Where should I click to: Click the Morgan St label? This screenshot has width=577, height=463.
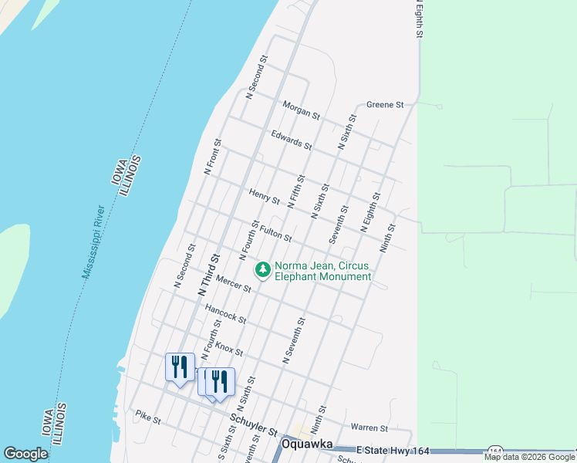[301, 110]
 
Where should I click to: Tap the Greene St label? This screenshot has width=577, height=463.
[385, 104]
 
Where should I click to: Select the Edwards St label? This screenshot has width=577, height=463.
[291, 140]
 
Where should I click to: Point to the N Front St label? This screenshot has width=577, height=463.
[213, 156]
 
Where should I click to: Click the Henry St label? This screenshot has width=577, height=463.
[265, 196]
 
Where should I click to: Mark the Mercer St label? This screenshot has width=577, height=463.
[234, 283]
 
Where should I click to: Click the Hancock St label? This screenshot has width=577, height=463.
[225, 313]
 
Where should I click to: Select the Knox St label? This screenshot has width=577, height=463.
[229, 348]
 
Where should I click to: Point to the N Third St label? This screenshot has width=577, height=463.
[209, 275]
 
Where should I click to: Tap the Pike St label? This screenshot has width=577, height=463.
[147, 421]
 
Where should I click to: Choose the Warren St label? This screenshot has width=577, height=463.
[369, 427]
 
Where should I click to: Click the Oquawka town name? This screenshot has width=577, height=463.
[307, 444]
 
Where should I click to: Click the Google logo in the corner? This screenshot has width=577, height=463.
[25, 454]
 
